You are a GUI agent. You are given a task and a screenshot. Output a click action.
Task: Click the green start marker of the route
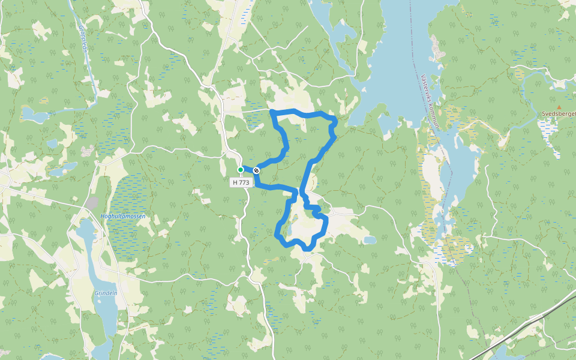click(x=241, y=170)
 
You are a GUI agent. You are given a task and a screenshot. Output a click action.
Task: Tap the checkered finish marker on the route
click(x=256, y=170)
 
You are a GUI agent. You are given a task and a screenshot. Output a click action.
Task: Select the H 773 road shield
click(x=241, y=182)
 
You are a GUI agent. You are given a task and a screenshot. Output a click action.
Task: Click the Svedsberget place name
click(x=558, y=113)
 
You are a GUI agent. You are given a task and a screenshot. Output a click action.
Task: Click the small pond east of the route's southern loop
click(x=370, y=240)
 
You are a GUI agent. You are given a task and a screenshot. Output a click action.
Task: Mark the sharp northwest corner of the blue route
click(x=272, y=112)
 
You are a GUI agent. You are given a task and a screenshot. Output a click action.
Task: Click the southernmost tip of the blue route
click(x=307, y=248)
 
